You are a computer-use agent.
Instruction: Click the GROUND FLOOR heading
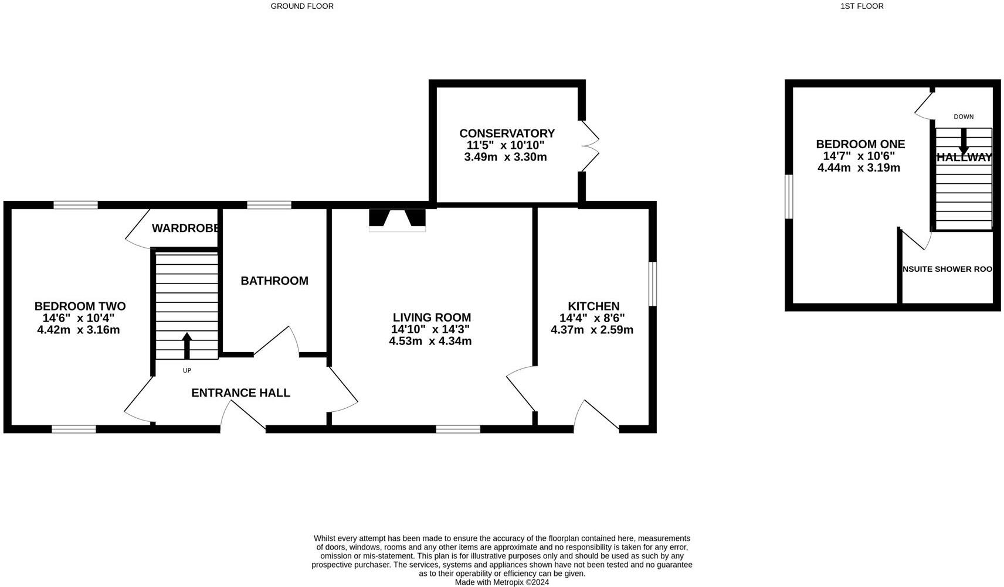(302, 6)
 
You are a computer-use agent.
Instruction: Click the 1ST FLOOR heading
(861, 6)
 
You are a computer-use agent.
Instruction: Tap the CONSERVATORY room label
(507, 134)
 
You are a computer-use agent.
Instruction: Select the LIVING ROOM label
(432, 318)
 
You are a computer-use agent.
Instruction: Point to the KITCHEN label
(593, 306)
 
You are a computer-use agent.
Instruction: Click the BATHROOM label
(274, 281)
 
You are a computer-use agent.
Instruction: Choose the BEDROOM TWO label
(80, 306)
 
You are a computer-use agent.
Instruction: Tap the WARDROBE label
(186, 228)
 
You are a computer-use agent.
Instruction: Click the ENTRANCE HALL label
(240, 393)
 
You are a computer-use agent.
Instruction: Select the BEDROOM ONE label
(860, 144)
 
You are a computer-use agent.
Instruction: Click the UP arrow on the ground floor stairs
(187, 345)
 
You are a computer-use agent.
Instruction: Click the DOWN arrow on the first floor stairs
(963, 141)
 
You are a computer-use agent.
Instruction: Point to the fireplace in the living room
(397, 219)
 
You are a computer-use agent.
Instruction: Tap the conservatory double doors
(590, 146)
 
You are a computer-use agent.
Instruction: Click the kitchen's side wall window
(652, 284)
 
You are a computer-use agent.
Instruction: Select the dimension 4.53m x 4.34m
(430, 341)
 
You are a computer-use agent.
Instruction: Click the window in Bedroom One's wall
(789, 196)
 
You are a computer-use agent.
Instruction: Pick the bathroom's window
(269, 204)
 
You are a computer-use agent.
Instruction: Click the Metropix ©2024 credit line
(501, 582)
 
